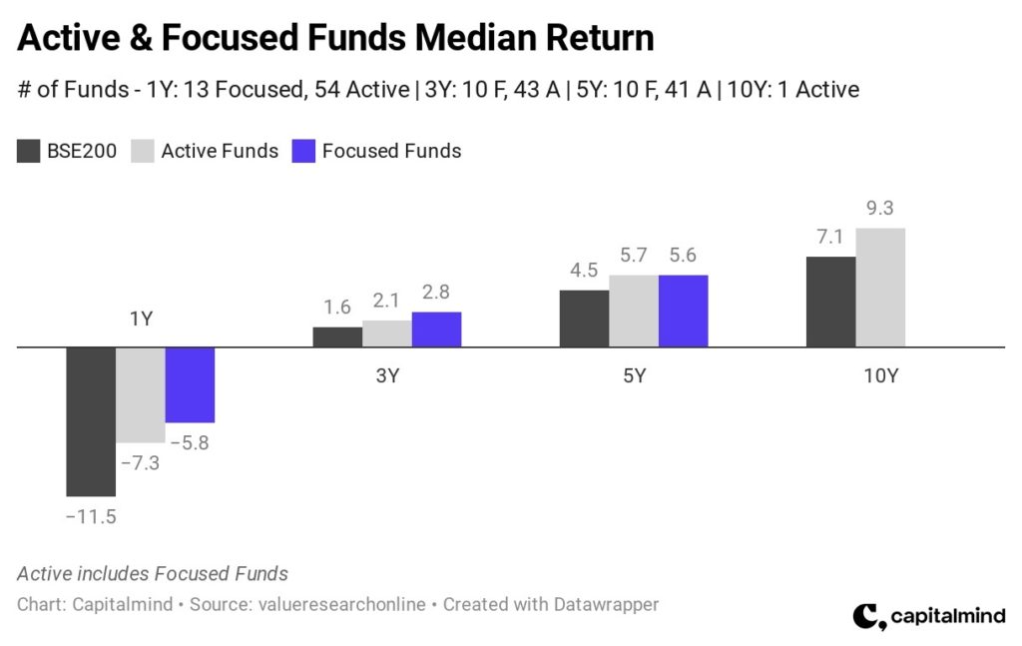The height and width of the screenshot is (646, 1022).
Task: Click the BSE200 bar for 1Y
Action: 91,420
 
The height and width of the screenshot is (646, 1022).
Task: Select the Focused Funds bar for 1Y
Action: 190,385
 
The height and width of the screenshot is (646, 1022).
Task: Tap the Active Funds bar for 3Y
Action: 386,333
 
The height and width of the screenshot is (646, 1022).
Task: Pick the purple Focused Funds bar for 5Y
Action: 683,311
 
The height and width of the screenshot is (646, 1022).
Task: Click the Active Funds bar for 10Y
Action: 880,288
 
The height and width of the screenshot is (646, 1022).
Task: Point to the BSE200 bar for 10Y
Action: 831,302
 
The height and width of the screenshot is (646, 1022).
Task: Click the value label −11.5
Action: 91,516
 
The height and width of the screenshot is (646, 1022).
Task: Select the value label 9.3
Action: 880,209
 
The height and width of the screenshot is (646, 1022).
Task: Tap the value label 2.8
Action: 436,293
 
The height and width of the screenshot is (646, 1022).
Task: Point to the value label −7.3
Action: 142,463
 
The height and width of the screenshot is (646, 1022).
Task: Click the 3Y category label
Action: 387,376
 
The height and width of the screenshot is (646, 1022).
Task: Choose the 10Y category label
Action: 880,376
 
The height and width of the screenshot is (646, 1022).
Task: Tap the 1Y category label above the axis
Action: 141,320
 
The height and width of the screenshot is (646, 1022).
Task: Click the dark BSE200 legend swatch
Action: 28,151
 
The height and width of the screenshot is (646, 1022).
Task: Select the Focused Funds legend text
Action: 391,151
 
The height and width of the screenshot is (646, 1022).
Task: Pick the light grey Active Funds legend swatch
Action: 142,151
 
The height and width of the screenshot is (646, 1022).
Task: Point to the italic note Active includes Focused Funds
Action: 153,574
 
